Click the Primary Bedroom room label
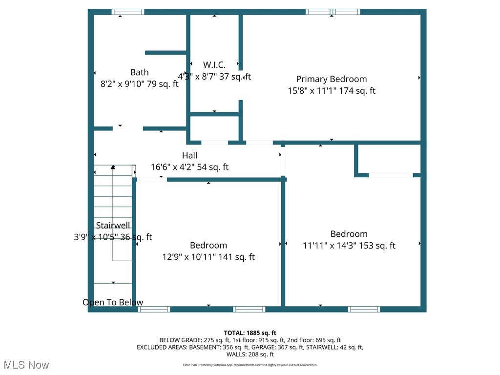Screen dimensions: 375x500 [331, 79]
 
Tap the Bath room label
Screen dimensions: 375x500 [139, 72]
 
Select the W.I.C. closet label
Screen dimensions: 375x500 [214, 65]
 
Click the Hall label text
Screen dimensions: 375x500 [189, 155]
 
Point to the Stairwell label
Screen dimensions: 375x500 [113, 225]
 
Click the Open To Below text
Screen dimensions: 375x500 [113, 302]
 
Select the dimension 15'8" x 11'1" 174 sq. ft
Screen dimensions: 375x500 [331, 91]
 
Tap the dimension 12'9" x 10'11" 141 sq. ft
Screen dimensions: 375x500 [208, 257]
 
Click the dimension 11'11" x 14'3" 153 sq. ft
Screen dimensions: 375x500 [349, 246]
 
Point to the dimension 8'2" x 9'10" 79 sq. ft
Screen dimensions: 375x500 [139, 84]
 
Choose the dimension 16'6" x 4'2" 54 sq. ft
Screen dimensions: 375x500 [189, 167]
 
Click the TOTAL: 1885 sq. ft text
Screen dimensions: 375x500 [250, 333]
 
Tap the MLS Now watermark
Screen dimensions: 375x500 [26, 365]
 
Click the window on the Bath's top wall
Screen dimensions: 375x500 [128, 12]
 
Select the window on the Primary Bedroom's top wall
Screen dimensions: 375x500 [333, 12]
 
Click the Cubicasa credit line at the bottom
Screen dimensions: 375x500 [250, 365]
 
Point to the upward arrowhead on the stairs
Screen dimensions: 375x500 [113, 167]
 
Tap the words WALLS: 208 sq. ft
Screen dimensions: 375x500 [250, 354]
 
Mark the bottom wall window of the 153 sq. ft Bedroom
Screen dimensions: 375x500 [364, 309]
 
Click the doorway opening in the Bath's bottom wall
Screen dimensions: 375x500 [128, 128]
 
